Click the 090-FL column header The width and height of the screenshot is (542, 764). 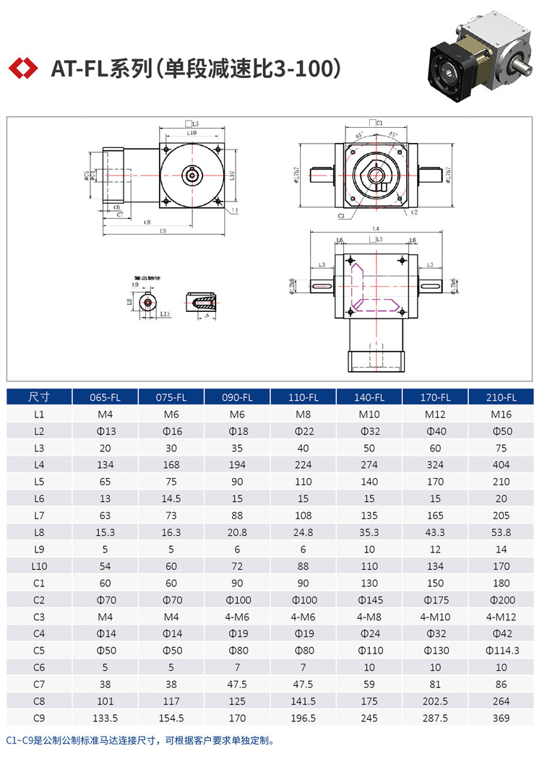point(237,397)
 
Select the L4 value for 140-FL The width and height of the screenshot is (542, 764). point(369,464)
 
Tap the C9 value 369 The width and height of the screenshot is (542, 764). point(501,718)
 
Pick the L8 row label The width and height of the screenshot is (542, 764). point(39,532)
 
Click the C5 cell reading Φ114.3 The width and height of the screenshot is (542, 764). point(501,651)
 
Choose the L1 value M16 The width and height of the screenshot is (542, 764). point(501,414)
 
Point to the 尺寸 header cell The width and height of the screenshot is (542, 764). point(39,397)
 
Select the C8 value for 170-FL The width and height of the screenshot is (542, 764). point(435,701)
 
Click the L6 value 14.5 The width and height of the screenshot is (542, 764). point(171,498)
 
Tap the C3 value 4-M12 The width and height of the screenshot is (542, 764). point(501,617)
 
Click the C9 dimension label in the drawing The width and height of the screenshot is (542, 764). point(163,231)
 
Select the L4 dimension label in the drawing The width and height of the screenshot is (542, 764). point(375,229)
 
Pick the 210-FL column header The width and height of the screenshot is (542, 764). point(501,397)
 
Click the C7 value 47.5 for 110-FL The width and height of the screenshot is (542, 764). point(303,684)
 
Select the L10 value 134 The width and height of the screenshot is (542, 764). point(435,566)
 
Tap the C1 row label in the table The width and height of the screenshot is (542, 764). point(39,583)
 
